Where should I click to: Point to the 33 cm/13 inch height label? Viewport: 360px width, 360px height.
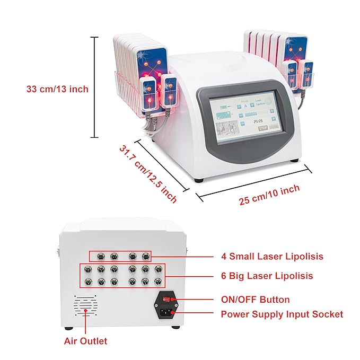[x=57, y=89]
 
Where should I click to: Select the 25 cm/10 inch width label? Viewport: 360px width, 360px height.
[x=269, y=195]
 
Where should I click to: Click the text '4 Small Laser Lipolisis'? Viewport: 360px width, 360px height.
[x=272, y=257]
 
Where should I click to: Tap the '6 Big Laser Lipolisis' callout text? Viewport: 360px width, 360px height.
[x=267, y=276]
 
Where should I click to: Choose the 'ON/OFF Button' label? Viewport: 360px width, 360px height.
[x=255, y=300]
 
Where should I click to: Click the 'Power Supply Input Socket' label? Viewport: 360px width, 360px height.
[x=282, y=314]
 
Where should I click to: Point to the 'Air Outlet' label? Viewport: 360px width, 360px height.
[x=85, y=341]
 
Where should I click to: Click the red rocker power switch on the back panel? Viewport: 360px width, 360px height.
[x=166, y=300]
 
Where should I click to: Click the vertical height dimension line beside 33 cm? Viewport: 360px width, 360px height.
[x=95, y=87]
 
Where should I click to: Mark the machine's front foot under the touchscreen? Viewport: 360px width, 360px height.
[x=198, y=180]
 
